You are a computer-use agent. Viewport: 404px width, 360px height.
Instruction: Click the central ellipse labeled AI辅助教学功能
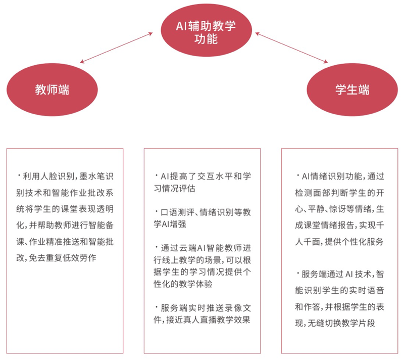tap(206, 30)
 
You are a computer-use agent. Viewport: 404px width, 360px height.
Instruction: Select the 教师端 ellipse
tap(52, 89)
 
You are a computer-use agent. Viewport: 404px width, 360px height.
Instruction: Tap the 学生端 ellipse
tap(352, 89)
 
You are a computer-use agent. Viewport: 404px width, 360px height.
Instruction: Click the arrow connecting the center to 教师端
tap(116, 48)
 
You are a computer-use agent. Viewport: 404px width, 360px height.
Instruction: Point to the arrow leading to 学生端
tap(291, 48)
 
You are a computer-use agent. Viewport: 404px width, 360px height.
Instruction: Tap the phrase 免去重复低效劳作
tap(62, 258)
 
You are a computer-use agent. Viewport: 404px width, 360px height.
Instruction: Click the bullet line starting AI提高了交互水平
tap(203, 176)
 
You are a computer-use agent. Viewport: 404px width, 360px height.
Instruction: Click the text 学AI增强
tap(170, 224)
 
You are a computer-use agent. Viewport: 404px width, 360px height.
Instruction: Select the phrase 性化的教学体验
tap(183, 284)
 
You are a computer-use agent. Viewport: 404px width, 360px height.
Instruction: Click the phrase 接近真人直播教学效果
tap(208, 320)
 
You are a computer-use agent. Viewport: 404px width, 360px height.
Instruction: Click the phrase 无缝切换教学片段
tap(341, 323)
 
